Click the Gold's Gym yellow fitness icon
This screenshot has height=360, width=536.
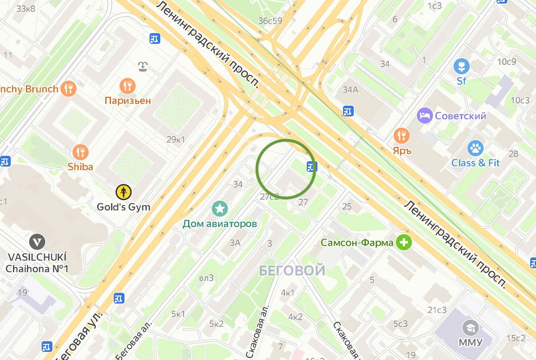(123, 192)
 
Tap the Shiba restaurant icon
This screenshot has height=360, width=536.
(81, 152)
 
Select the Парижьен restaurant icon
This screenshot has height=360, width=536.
(128, 86)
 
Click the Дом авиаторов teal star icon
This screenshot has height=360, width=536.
(220, 208)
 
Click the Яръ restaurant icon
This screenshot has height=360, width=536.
(402, 135)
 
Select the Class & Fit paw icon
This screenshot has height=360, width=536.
(475, 148)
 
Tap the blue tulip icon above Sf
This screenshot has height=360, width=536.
(461, 67)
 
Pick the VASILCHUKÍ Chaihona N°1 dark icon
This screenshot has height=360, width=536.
(37, 242)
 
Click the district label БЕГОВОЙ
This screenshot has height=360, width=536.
(292, 270)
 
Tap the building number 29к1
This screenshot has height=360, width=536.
(176, 140)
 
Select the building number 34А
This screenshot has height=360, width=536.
(350, 90)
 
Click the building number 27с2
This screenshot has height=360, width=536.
(270, 197)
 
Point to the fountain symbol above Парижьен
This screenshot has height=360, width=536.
(143, 68)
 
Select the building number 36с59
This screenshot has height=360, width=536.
(270, 21)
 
